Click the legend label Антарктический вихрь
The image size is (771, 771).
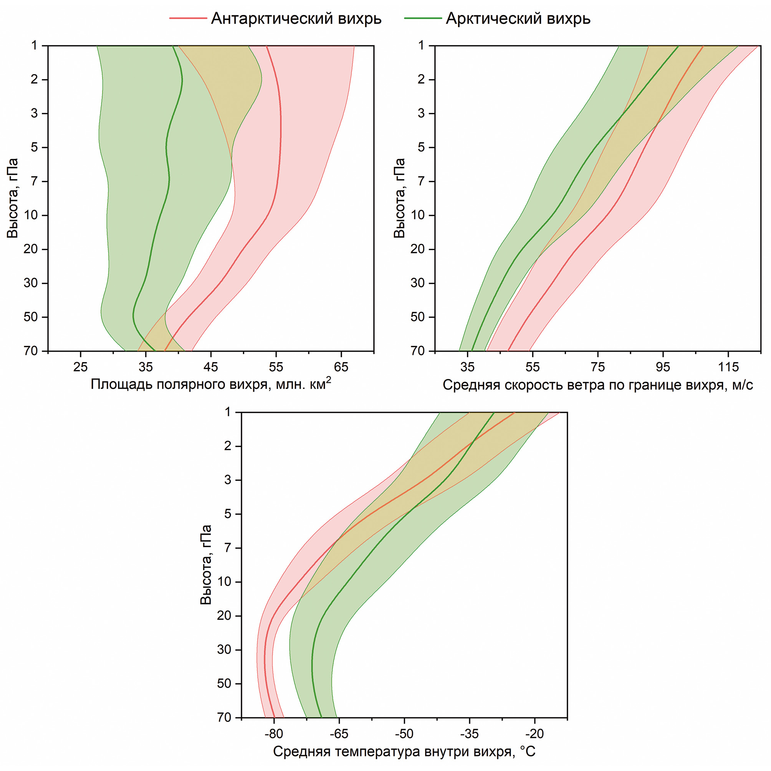(x=296, y=18)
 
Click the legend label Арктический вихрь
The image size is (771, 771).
(x=518, y=18)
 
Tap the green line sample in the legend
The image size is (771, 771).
(x=423, y=18)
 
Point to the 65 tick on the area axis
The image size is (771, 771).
(x=341, y=367)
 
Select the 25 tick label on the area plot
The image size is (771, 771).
(x=81, y=367)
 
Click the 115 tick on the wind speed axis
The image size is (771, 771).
(x=728, y=367)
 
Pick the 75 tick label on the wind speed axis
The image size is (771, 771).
(x=598, y=367)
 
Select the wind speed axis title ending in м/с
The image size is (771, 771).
(x=598, y=385)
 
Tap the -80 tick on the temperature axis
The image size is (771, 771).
(x=274, y=733)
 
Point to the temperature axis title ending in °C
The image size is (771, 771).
(x=404, y=752)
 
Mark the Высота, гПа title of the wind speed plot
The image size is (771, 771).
(x=399, y=199)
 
